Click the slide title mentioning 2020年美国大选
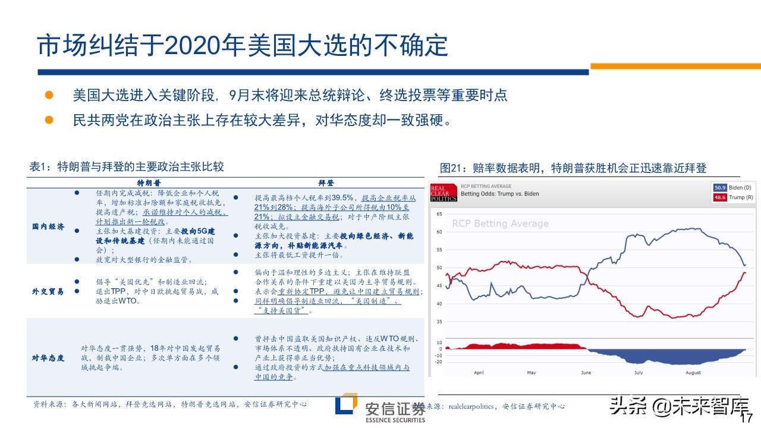[x=242, y=46]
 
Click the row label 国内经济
[x=48, y=226]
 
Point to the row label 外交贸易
[x=48, y=292]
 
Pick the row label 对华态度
[x=48, y=358]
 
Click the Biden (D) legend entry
[x=732, y=187]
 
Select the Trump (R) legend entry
[x=732, y=197]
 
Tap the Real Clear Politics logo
[x=444, y=192]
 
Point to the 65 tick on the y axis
[x=439, y=213]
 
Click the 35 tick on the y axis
[x=439, y=322]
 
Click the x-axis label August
[x=693, y=373]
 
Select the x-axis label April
[x=479, y=373]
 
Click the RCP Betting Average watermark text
[x=500, y=224]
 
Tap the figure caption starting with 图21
[x=573, y=168]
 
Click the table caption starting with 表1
[x=127, y=166]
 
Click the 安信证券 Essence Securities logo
[x=380, y=409]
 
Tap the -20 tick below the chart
[x=439, y=362]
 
